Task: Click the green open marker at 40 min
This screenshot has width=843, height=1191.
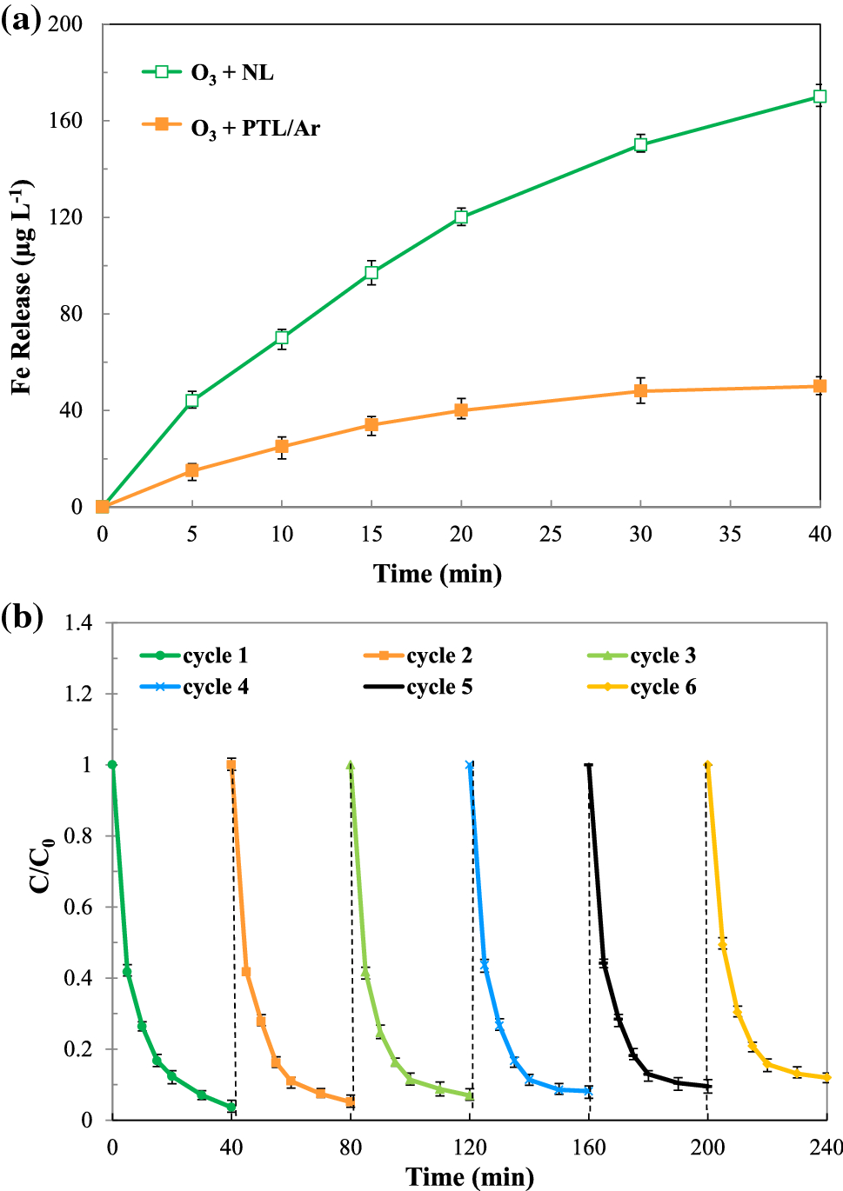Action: [820, 96]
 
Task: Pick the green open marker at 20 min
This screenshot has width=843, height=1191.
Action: [461, 217]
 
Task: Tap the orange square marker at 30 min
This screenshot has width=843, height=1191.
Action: [640, 391]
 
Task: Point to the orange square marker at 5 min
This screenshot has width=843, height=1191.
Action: [192, 471]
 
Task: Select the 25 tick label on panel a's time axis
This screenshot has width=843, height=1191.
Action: [551, 534]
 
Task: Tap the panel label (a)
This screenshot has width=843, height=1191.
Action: [21, 19]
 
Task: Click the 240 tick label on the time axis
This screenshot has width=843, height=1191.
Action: [826, 1148]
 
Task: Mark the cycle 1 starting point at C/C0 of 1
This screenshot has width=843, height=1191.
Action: [112, 765]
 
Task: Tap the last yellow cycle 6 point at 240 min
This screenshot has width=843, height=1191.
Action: [826, 1077]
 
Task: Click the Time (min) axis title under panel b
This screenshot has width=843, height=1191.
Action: [470, 1177]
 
